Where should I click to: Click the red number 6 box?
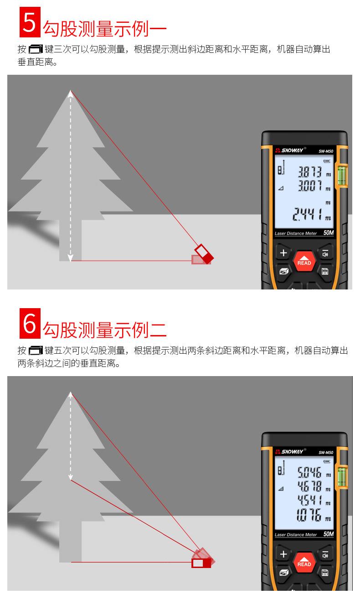30,323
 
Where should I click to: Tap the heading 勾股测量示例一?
105,29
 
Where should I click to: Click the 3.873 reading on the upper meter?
309,172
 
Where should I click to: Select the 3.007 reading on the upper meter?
309,186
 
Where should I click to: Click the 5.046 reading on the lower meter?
309,472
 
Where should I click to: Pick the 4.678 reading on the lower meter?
309,486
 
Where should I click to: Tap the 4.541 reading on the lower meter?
309,500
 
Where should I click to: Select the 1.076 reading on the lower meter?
309,515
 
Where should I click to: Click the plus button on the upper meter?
283,253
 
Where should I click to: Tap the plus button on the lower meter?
283,554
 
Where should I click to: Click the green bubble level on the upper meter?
342,175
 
